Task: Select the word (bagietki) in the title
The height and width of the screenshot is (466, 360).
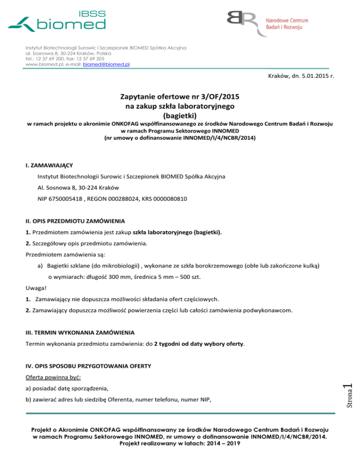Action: tap(180, 115)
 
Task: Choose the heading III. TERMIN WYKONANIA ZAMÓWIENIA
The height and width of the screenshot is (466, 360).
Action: tap(80, 332)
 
